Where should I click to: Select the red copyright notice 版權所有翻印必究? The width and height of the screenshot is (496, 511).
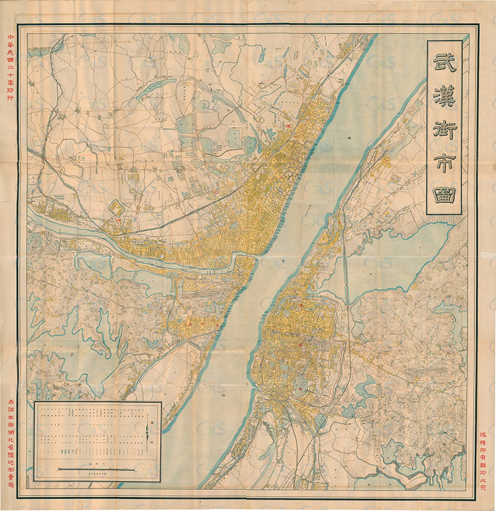point(484,461)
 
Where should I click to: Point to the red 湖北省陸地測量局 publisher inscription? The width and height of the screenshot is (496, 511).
point(10,456)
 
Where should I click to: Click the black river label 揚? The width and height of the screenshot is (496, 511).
point(350,138)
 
